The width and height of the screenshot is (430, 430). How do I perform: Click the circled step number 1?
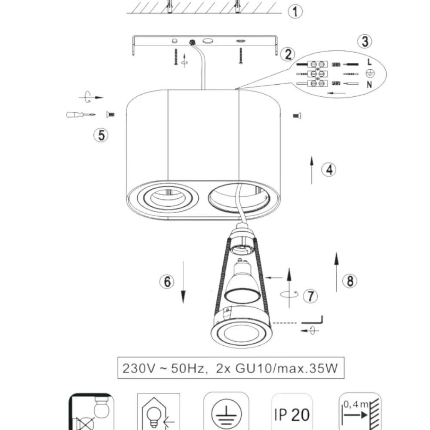click(x=295, y=12)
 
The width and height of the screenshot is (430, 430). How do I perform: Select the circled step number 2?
click(x=288, y=54)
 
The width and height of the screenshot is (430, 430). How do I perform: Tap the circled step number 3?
click(x=365, y=42)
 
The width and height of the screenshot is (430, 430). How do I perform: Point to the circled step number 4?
click(x=329, y=169)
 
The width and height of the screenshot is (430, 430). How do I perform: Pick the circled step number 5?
click(x=101, y=135)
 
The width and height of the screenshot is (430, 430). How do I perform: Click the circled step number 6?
click(x=167, y=281)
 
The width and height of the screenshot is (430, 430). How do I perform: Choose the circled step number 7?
click(x=310, y=296)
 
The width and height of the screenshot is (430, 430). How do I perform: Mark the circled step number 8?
click(x=350, y=281)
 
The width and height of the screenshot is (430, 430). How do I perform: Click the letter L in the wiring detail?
click(x=370, y=62)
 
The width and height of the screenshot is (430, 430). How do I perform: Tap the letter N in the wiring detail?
click(x=369, y=84)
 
